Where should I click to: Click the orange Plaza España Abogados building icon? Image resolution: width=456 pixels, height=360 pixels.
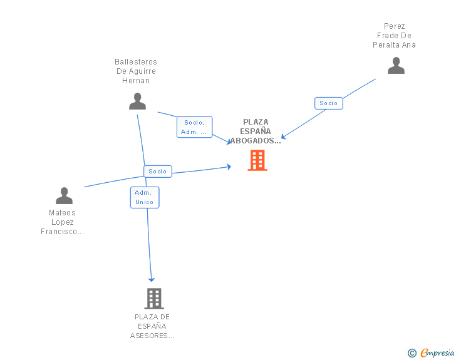point(257,160)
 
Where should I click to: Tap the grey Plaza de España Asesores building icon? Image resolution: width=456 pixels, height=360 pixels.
point(153,299)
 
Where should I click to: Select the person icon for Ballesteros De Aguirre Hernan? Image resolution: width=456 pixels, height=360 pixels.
point(137,101)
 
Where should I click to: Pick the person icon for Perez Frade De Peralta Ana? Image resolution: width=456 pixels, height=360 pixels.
point(396,66)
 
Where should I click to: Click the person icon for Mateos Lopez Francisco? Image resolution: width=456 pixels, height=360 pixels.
point(64,196)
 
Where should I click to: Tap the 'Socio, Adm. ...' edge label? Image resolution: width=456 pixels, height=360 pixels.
point(194,127)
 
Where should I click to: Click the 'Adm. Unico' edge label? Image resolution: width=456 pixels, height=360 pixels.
point(145,197)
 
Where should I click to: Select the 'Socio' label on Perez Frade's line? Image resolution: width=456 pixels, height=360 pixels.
point(328,103)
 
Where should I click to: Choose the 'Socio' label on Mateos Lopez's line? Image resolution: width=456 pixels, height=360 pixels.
point(158,171)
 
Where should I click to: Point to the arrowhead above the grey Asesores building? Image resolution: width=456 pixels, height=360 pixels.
point(151,279)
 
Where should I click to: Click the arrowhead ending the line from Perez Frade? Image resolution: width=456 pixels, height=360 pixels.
point(284,136)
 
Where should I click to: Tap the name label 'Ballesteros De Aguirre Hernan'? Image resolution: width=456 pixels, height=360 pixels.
point(136,71)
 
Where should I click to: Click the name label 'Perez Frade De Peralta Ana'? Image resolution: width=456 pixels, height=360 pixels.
point(395,36)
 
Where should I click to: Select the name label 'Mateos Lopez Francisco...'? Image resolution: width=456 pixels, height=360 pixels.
point(62,222)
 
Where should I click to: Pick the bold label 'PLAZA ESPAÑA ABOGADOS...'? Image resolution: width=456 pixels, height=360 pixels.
point(256,131)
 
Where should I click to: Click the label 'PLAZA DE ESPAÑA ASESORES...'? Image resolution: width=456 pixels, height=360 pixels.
point(152,326)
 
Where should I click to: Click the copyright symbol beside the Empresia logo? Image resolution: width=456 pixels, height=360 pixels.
point(412,353)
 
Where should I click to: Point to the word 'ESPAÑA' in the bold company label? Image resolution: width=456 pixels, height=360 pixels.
point(256,131)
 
